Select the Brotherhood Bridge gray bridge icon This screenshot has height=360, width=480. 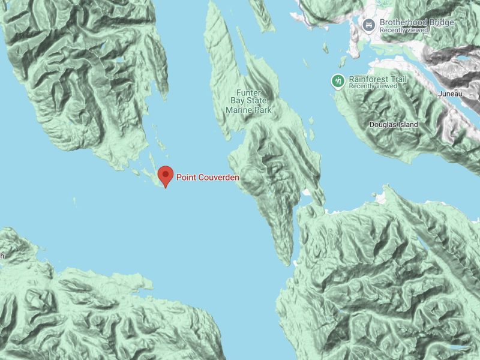tap(368, 25)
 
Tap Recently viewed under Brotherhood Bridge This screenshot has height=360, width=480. tap(405, 30)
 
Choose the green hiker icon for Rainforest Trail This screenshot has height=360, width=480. tap(338, 81)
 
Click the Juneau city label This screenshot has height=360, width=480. tap(450, 94)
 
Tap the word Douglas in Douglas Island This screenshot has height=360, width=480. tap(382, 125)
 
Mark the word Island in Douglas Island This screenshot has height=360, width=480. tap(408, 125)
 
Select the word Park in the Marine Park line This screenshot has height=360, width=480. tap(262, 110)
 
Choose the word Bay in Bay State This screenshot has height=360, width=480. tap(233, 101)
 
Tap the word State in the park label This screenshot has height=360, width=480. tap(254, 101)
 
